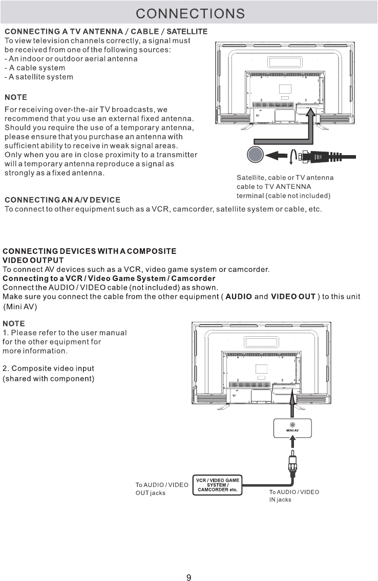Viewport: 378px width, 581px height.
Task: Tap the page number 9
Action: coord(188,563)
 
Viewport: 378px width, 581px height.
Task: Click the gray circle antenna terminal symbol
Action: coord(254,155)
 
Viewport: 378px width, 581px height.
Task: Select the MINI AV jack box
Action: coord(292,427)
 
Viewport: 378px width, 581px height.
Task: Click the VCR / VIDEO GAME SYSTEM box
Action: coord(218,485)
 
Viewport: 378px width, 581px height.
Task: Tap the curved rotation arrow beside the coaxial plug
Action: coord(292,156)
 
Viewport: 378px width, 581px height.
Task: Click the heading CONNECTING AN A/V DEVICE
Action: coord(62,199)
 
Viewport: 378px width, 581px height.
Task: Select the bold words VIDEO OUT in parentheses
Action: coord(293,297)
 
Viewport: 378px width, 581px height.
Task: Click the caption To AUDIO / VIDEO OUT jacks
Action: coord(162,488)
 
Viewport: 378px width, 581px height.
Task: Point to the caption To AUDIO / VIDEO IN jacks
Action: coord(294,496)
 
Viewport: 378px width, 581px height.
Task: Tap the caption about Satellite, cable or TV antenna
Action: coord(285,186)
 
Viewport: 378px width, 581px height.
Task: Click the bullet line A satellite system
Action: coord(38,77)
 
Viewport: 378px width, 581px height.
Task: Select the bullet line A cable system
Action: coord(35,68)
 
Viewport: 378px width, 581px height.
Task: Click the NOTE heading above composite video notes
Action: coord(14,324)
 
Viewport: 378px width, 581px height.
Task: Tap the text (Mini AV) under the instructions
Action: coord(20,306)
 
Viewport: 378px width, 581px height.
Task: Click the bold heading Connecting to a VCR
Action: coord(109,278)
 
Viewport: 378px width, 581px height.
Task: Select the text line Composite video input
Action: coord(49,369)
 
